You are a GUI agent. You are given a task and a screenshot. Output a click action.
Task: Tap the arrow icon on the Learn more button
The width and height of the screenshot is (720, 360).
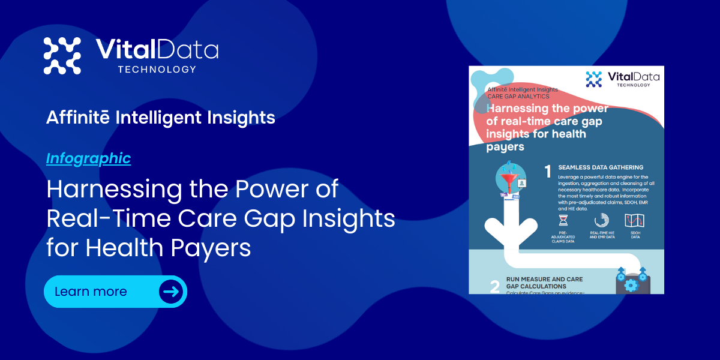point(171,292)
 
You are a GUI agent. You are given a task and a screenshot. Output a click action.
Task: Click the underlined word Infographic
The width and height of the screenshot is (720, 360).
point(88,158)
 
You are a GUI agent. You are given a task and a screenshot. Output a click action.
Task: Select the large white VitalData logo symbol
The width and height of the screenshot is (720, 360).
point(62,56)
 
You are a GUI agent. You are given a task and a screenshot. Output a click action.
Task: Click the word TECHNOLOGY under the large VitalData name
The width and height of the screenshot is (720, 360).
point(157,70)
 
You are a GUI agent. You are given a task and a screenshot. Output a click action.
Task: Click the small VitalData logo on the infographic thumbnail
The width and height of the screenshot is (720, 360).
point(593,79)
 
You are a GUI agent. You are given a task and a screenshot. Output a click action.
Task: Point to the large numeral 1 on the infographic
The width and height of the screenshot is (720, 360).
point(547,172)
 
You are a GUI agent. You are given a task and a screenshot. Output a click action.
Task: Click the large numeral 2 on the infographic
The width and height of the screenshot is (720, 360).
point(494,286)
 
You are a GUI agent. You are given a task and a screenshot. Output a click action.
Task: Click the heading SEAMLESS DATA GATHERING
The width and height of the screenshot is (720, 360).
point(601,167)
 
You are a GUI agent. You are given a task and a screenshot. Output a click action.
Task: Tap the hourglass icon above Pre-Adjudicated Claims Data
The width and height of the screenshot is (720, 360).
point(562,220)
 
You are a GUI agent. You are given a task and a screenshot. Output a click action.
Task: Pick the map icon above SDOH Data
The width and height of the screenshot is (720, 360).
point(635,220)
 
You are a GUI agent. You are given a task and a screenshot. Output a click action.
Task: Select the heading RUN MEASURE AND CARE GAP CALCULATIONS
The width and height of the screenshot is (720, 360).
point(544,283)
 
